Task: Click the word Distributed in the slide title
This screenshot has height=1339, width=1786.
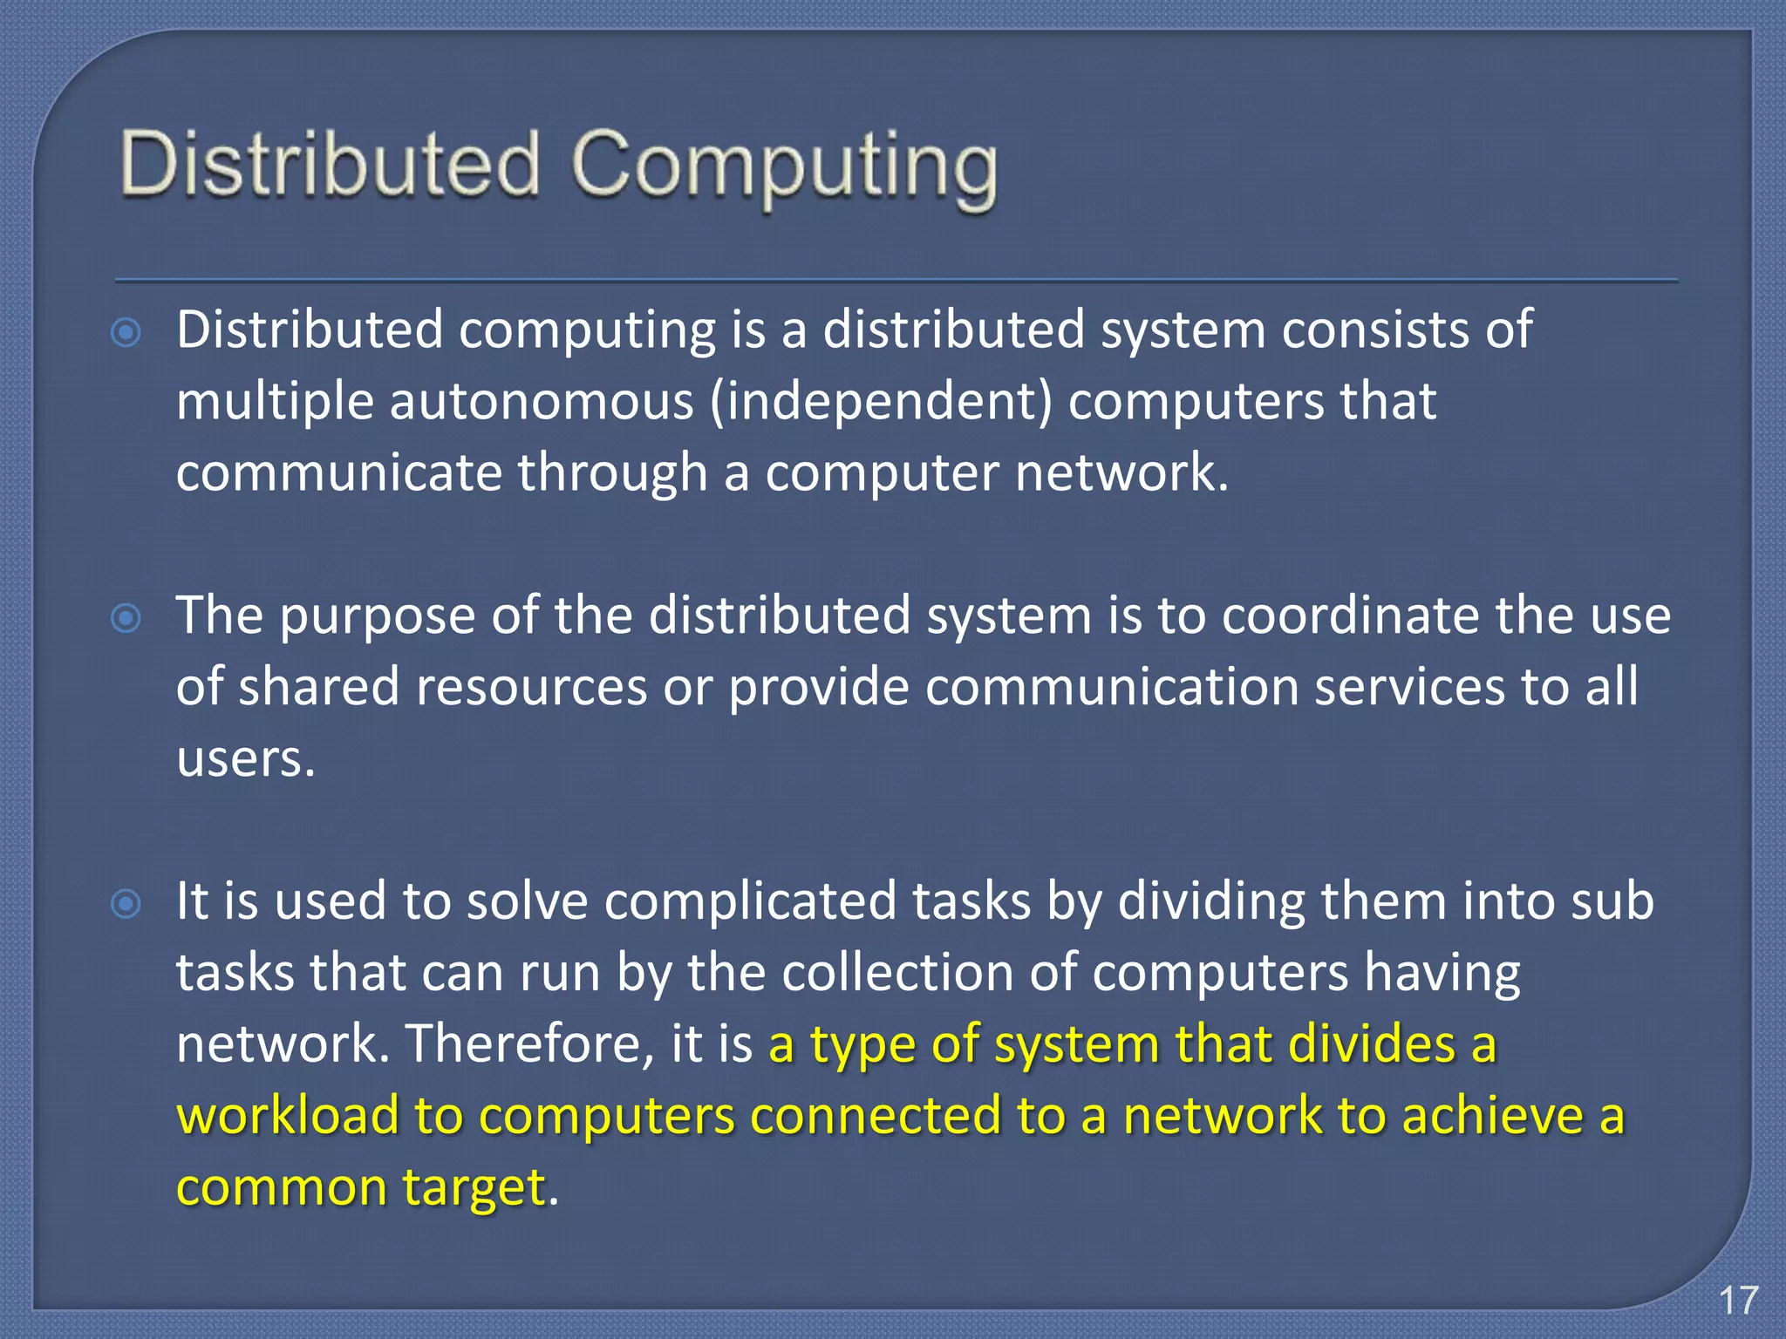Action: (x=331, y=164)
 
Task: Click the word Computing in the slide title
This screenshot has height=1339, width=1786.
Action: (x=784, y=167)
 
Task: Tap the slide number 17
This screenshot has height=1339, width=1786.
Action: (x=1738, y=1300)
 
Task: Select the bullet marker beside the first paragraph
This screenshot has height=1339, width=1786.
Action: (x=126, y=333)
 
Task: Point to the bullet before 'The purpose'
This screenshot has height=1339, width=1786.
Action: (x=126, y=618)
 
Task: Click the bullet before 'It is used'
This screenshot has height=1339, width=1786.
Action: (x=126, y=904)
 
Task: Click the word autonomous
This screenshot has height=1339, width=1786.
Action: (x=541, y=401)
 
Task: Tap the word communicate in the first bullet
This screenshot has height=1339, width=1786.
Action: (x=339, y=472)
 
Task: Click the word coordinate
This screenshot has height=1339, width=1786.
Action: (x=1350, y=615)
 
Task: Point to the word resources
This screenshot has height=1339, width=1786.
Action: (x=531, y=687)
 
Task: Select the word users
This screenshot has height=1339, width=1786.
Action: (x=244, y=758)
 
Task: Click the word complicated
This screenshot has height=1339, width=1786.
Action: (x=750, y=901)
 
